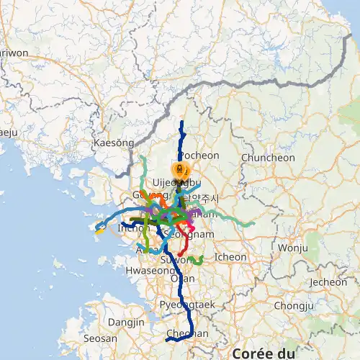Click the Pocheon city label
pos(198,155)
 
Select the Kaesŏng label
pos(114,143)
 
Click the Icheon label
pos(230,256)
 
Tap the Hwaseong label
pos(146,271)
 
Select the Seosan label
pos(100,338)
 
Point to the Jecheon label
pos(328,282)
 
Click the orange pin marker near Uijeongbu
pos(180,171)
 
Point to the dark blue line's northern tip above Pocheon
pos(182,122)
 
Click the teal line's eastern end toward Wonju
pos(253,225)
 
